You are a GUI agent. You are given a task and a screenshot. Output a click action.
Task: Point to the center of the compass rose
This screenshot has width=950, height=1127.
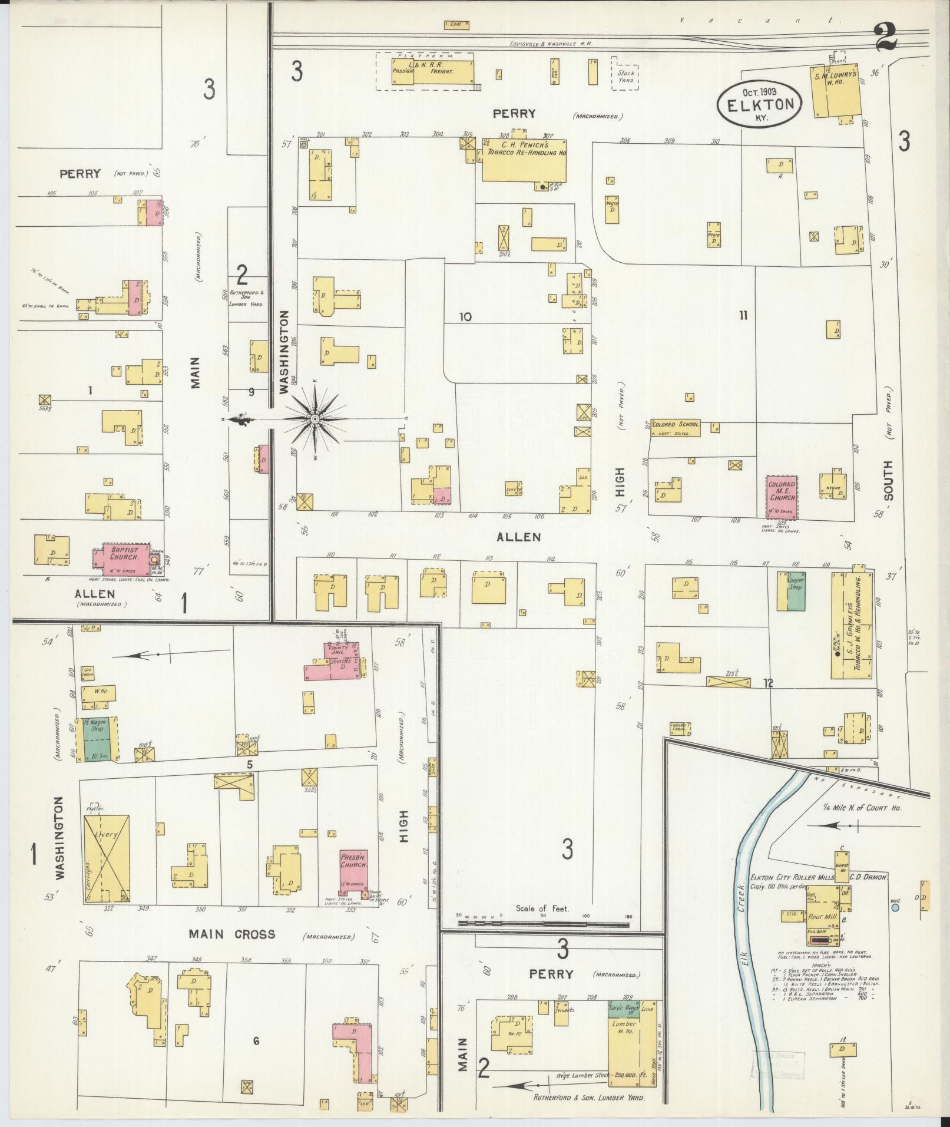coord(316,418)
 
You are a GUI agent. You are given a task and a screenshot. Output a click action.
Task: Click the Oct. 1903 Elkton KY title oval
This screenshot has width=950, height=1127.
coord(760,104)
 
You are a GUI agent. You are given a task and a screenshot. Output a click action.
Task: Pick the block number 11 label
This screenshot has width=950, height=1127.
coord(743,316)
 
